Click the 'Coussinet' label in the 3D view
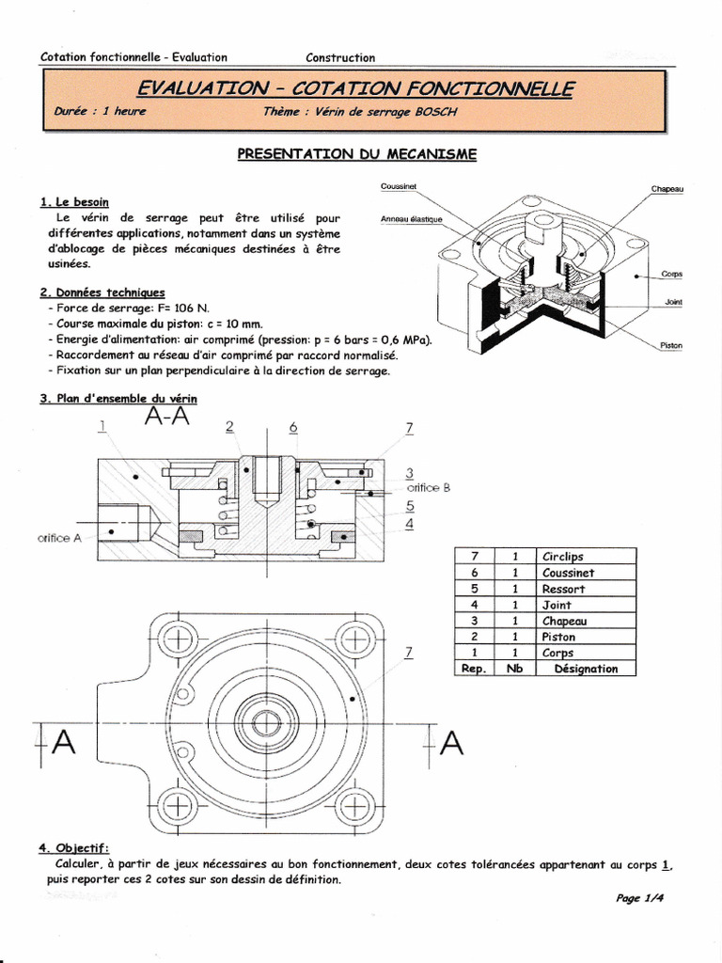(x=400, y=186)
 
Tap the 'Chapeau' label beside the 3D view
(x=667, y=189)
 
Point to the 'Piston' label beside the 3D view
(x=670, y=346)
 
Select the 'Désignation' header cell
(x=586, y=669)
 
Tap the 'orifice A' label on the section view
(x=59, y=538)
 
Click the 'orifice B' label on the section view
(x=428, y=488)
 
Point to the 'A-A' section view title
(x=167, y=418)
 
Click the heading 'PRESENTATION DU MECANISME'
(x=357, y=154)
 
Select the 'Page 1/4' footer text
(x=640, y=898)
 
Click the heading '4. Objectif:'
(x=74, y=848)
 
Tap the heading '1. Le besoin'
(x=74, y=202)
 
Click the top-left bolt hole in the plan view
(x=176, y=641)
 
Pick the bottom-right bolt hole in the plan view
(x=355, y=805)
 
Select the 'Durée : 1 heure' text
(x=101, y=110)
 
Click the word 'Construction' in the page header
(x=340, y=57)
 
